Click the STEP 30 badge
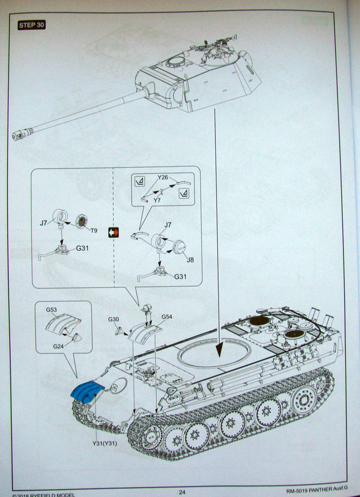31,25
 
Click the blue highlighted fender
87,392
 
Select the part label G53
51,310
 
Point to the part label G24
59,346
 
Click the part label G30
113,319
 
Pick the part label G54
167,316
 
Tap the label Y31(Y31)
104,443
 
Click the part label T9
94,230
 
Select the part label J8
190,260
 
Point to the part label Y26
163,177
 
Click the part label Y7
157,200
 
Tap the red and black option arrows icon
113,232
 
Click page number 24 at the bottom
182,492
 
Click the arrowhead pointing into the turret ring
219,351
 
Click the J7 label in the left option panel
44,223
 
